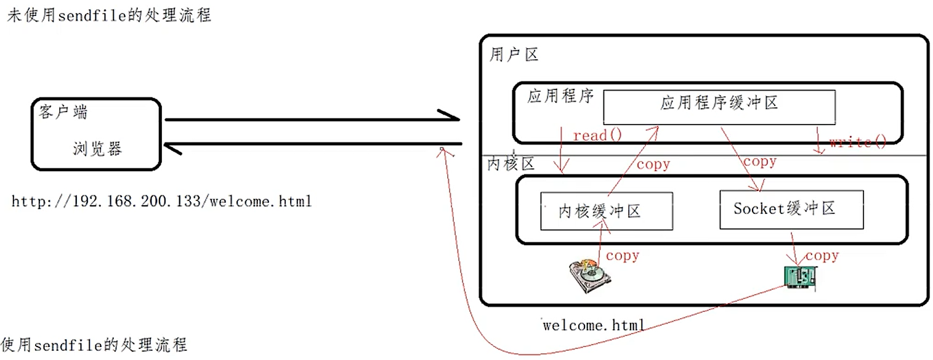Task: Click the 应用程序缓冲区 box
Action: pyautogui.click(x=719, y=107)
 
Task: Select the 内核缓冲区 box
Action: pyautogui.click(x=606, y=211)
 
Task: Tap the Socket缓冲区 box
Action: pyautogui.click(x=791, y=209)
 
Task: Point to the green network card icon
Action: pyautogui.click(x=800, y=277)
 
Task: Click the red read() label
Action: pyautogui.click(x=597, y=135)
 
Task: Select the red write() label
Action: pyautogui.click(x=857, y=142)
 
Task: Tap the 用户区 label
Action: pyautogui.click(x=514, y=55)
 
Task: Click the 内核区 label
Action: pyautogui.click(x=511, y=165)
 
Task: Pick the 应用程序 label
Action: pyautogui.click(x=560, y=97)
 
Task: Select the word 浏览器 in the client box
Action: pyautogui.click(x=97, y=149)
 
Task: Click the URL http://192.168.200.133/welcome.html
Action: pyautogui.click(x=161, y=202)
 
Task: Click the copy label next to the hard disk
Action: pyautogui.click(x=623, y=255)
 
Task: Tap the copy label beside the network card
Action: pyautogui.click(x=822, y=255)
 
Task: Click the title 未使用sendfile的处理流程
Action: pyautogui.click(x=109, y=15)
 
